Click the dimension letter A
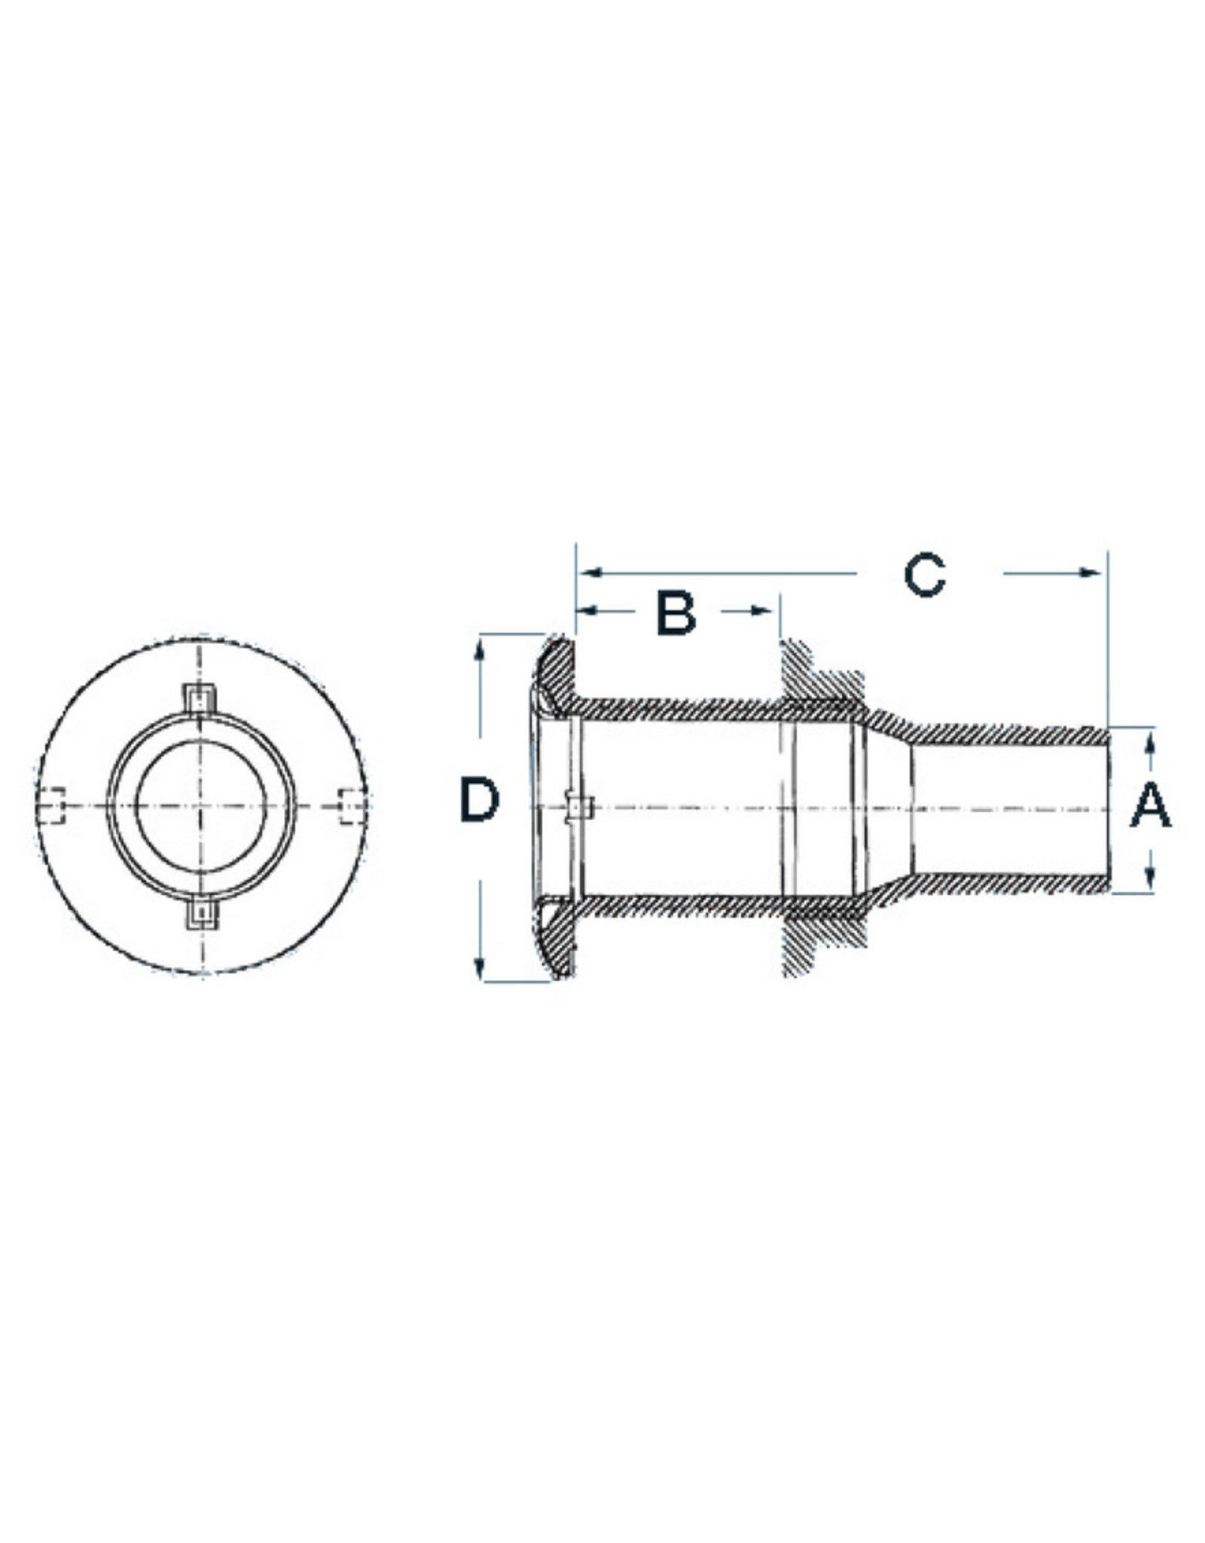pyautogui.click(x=1150, y=805)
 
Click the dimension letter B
pyautogui.click(x=676, y=613)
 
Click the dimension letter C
pyautogui.click(x=924, y=576)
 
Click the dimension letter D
pyautogui.click(x=480, y=800)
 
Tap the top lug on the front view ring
pyautogui.click(x=200, y=698)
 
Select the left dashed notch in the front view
pyautogui.click(x=51, y=805)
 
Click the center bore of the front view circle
pyautogui.click(x=200, y=805)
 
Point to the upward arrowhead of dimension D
pyautogui.click(x=480, y=650)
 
